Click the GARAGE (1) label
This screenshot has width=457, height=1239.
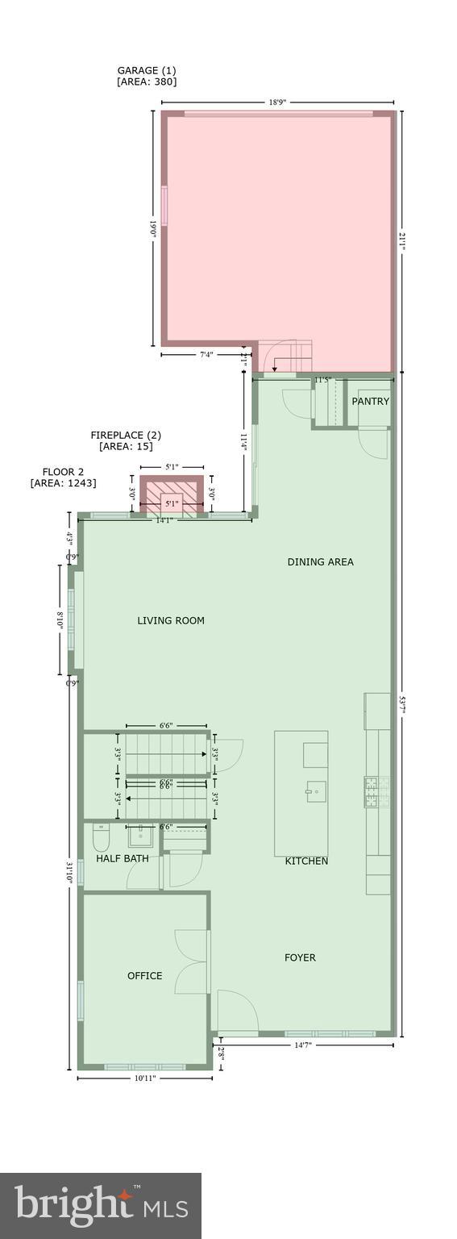[x=147, y=70]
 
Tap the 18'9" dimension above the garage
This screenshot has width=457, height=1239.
[x=277, y=102]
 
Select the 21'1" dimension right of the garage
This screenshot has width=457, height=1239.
[x=402, y=240]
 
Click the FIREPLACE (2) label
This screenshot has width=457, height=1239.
[x=126, y=435]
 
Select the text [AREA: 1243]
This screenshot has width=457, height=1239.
[x=63, y=483]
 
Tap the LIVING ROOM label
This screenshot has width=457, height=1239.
[x=171, y=620]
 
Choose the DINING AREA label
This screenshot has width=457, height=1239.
[x=320, y=561]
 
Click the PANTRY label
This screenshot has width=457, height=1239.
[x=370, y=401]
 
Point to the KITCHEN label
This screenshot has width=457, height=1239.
[x=306, y=861]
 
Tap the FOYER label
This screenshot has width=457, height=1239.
[x=300, y=957]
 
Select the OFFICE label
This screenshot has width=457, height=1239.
[x=145, y=975]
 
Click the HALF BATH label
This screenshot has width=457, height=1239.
[x=123, y=858]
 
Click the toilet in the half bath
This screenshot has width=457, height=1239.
[x=101, y=839]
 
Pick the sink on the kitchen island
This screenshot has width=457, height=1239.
[x=315, y=791]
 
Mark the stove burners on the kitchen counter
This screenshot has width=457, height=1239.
[x=377, y=791]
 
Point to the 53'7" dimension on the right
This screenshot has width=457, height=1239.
[x=402, y=704]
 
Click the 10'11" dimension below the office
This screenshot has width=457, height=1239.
[x=144, y=1078]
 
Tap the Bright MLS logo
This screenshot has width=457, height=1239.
[x=101, y=1206]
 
